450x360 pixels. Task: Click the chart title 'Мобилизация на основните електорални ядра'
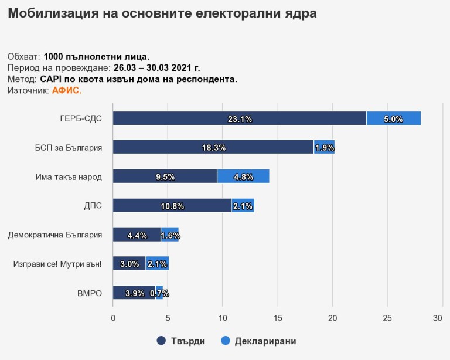click(x=162, y=13)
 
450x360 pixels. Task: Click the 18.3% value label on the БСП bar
click(x=214, y=148)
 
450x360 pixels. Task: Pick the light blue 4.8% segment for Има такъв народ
click(x=243, y=176)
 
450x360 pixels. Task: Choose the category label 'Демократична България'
click(x=55, y=235)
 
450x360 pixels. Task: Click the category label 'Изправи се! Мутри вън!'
click(x=57, y=264)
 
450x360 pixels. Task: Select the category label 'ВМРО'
click(x=90, y=293)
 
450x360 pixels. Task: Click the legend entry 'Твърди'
click(x=182, y=341)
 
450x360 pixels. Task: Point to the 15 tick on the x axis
click(x=278, y=318)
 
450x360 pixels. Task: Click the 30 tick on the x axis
click(x=437, y=318)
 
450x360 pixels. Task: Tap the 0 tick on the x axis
click(x=113, y=318)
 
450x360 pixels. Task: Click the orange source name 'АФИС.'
click(x=67, y=90)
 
